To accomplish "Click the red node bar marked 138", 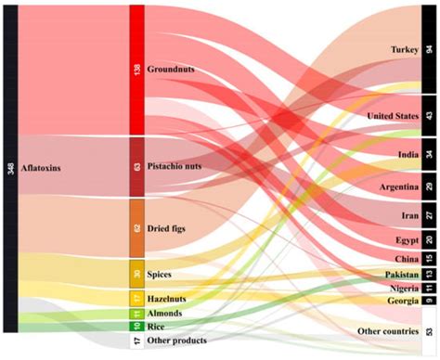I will click(x=136, y=69).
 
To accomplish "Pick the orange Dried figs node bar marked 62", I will click(x=136, y=227).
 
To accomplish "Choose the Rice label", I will click(x=158, y=327).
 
